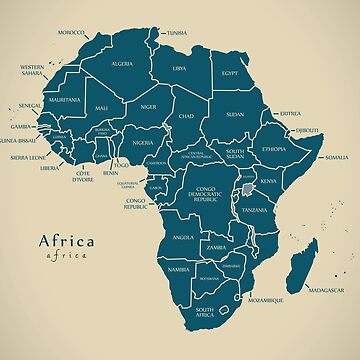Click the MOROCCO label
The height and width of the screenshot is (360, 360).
(71, 33)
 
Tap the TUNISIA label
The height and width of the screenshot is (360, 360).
(176, 33)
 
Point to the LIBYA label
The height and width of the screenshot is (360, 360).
(179, 69)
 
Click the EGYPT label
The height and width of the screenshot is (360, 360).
(230, 73)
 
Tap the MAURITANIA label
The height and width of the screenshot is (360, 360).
(64, 100)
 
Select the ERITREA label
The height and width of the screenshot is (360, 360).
(290, 113)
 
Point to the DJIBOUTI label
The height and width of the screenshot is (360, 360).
(306, 130)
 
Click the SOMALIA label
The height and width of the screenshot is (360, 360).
(336, 157)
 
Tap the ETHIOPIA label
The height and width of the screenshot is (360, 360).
(274, 149)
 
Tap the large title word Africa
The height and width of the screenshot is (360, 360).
(66, 240)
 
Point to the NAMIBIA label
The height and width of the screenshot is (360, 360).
(179, 270)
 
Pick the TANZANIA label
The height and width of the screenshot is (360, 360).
(253, 211)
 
